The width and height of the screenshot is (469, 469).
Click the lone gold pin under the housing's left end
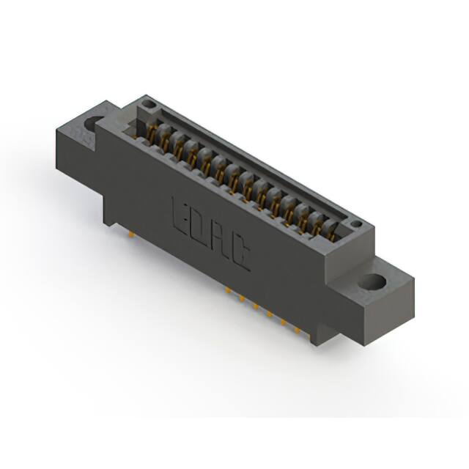coord(131,234)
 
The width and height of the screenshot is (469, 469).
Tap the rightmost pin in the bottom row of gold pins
coord(297,331)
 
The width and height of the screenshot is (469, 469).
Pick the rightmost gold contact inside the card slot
coord(331,231)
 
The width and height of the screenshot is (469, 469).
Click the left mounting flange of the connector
coord(84,147)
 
